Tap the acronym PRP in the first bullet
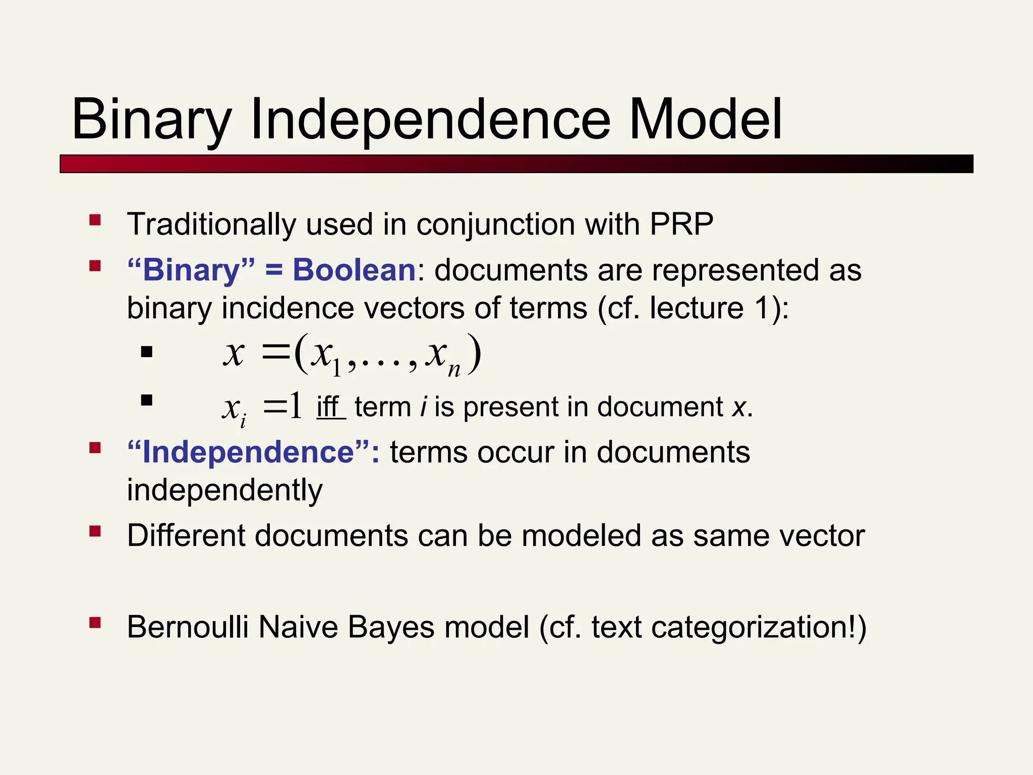pos(681,224)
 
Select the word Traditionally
pos(211,225)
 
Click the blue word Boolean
pos(354,270)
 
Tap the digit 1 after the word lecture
pos(763,308)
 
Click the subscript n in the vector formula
pos(454,370)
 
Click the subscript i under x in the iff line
pos(243,421)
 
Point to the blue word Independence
pos(248,452)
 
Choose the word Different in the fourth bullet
pos(186,536)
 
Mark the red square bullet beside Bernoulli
pos(95,623)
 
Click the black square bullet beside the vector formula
pos(147,352)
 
